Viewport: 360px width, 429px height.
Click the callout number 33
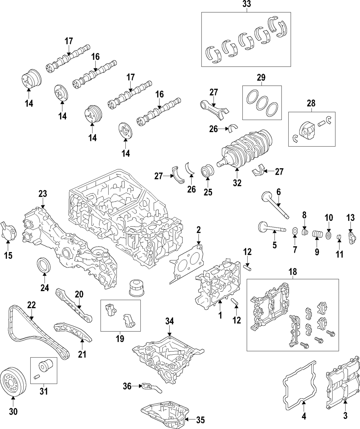point(247,5)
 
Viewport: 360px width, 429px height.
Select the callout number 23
point(42,194)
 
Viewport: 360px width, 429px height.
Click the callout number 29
point(261,77)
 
